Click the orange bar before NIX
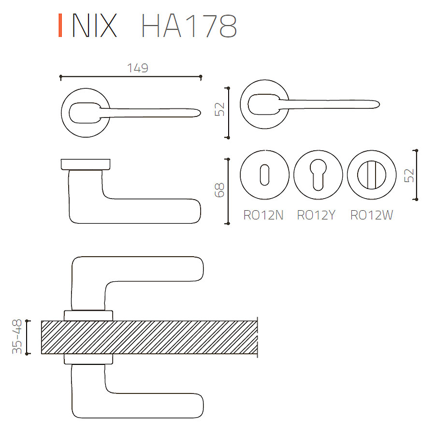click(x=60, y=26)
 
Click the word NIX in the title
click(x=95, y=26)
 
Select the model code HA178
click(x=189, y=26)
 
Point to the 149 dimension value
click(x=138, y=68)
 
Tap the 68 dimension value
click(x=219, y=190)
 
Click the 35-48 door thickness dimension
click(x=17, y=336)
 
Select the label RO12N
click(x=263, y=215)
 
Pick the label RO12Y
click(x=316, y=215)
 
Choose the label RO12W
click(x=372, y=215)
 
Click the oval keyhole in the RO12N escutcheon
click(x=264, y=175)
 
